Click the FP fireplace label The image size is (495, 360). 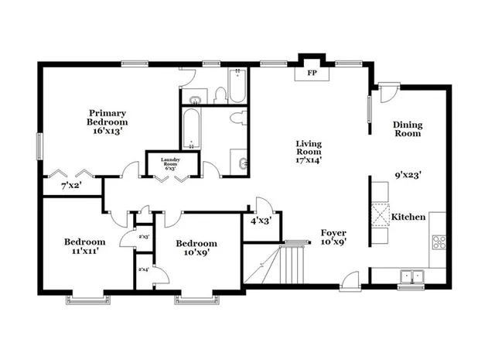[x=313, y=73]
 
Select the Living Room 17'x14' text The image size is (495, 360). [x=309, y=152]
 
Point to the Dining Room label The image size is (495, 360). [x=407, y=129]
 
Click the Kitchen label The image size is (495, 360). [x=408, y=218]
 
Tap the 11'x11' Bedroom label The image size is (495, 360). [x=84, y=246]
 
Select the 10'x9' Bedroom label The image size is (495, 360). [x=196, y=248]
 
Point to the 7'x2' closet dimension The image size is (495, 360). [x=72, y=186]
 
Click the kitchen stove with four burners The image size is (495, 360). [x=439, y=241]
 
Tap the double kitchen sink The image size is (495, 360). [x=411, y=276]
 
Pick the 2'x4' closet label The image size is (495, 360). [x=143, y=269]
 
